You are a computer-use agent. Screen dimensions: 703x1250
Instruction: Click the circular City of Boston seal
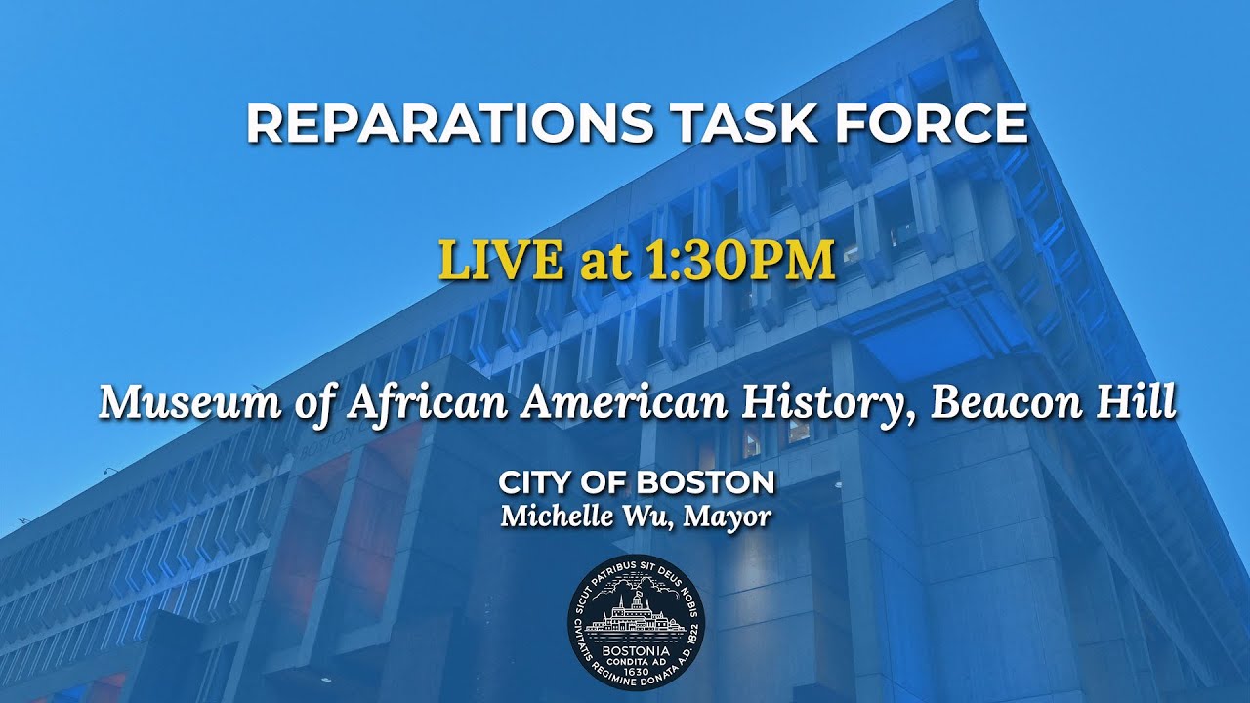click(x=636, y=622)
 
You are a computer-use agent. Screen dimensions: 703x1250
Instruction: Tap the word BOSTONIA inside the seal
click(x=636, y=650)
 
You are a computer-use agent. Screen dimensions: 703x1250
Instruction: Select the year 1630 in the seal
click(x=636, y=671)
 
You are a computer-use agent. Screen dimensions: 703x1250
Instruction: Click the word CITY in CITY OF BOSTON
click(x=532, y=482)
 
